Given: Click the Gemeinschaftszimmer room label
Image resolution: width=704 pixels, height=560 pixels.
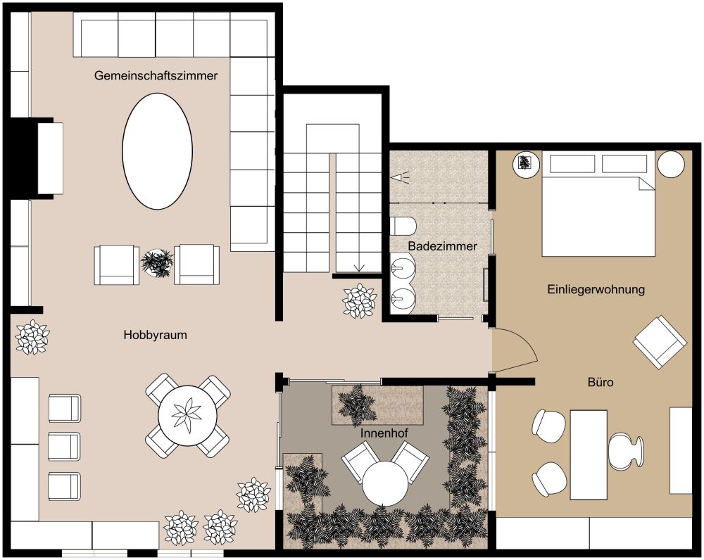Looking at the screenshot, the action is [156, 75].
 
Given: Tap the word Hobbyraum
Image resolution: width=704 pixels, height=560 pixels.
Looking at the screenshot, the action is [156, 335].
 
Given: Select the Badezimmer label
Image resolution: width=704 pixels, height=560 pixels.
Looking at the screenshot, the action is [442, 246].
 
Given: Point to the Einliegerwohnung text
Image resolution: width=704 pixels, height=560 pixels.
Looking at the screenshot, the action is [596, 289].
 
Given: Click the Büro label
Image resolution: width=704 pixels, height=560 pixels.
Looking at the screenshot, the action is [601, 382].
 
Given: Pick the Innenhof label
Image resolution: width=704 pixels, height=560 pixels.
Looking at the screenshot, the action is [384, 433].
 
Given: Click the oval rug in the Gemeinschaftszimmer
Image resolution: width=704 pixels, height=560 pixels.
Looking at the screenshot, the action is [158, 151].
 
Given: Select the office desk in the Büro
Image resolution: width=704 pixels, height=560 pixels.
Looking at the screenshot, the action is [589, 454].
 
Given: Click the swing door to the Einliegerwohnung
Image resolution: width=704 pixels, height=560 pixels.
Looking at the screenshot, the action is [515, 350].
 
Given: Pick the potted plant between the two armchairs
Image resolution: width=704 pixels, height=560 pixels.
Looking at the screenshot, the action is [157, 264].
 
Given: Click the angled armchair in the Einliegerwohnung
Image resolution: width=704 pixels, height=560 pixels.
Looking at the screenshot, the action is [660, 342].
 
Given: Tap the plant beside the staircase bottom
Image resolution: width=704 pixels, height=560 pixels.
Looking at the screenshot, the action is [359, 300].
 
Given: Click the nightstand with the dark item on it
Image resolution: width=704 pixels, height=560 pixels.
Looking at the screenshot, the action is [526, 164].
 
